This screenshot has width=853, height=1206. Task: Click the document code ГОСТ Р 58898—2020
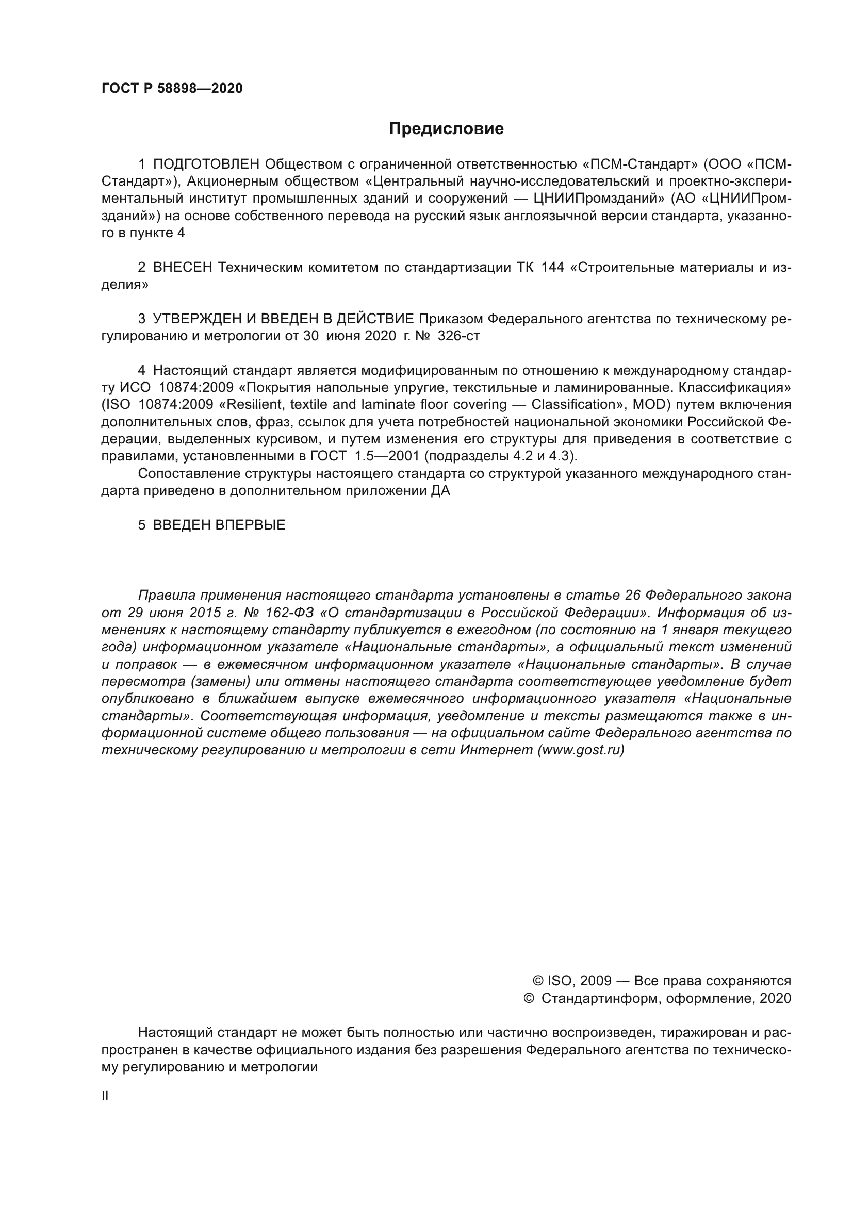172,88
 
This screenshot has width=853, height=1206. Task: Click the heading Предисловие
446,129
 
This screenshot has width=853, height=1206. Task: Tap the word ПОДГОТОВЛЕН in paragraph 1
206,164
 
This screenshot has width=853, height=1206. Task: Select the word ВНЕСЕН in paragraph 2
182,268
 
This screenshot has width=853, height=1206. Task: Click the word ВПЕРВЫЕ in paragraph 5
250,525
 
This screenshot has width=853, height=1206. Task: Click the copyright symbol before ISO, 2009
538,981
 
